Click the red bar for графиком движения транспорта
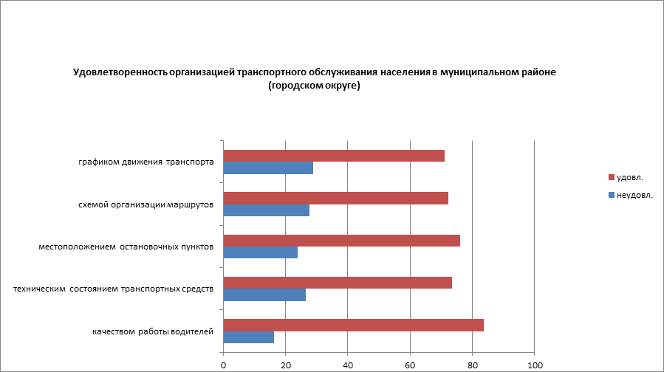(x=334, y=156)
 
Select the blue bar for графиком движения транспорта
(x=268, y=168)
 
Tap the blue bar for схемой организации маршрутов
(x=266, y=210)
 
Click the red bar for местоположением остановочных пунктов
(x=342, y=241)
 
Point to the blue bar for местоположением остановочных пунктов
(x=260, y=252)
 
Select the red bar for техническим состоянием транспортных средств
(x=338, y=283)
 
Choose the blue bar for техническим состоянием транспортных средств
(x=264, y=295)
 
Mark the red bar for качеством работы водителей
(x=354, y=325)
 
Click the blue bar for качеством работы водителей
(x=248, y=337)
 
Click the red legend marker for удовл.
(x=611, y=177)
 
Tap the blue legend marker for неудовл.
(x=611, y=195)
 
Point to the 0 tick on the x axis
(x=223, y=365)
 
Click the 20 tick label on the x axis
(x=285, y=365)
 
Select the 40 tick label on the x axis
(x=348, y=365)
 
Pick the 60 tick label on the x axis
(x=410, y=365)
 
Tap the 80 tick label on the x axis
(x=473, y=365)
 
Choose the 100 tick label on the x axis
(x=535, y=365)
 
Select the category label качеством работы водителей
(x=153, y=331)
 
